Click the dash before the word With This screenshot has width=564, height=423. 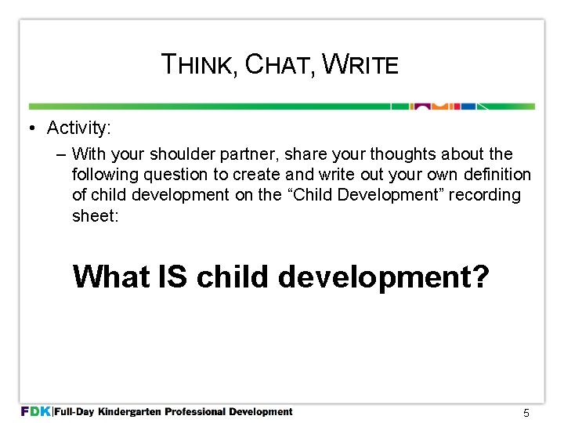point(61,154)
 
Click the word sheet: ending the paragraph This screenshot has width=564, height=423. point(96,215)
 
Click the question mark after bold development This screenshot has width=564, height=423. point(481,276)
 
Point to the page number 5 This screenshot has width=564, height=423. point(526,413)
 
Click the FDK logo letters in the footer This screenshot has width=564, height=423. point(34,411)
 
